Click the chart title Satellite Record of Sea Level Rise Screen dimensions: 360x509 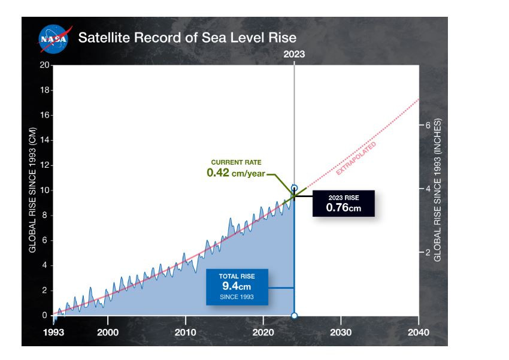tap(187, 38)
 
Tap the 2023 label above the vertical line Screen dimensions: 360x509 tap(294, 54)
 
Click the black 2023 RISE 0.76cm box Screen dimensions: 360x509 tap(343, 203)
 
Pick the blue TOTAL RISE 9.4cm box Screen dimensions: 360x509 tap(237, 286)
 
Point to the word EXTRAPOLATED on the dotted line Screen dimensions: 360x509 tap(356, 159)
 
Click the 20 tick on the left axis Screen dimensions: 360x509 tap(44, 65)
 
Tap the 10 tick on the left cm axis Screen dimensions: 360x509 tap(44, 190)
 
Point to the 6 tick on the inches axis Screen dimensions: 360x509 tap(428, 125)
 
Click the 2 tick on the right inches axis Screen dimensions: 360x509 tap(428, 253)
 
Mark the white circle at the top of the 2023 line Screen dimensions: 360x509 tap(294, 188)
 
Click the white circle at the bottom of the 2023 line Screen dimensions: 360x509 tap(294, 315)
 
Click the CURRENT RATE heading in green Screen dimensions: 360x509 tap(236, 162)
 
